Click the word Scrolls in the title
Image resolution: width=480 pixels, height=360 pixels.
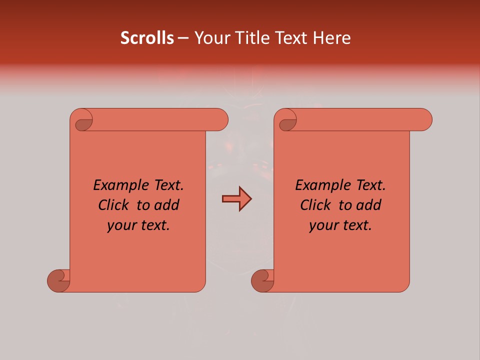pyautogui.click(x=147, y=38)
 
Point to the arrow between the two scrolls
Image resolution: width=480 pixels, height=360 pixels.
pyautogui.click(x=236, y=199)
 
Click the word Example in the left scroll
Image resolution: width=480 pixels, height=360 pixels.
pyautogui.click(x=115, y=185)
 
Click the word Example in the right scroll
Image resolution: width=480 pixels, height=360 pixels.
pyautogui.click(x=317, y=185)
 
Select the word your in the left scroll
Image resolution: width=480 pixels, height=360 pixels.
pyautogui.click(x=120, y=225)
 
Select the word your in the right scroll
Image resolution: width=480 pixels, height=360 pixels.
pyautogui.click(x=322, y=225)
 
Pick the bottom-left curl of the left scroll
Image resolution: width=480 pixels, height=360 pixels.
pyautogui.click(x=59, y=281)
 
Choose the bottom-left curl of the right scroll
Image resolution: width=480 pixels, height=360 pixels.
pyautogui.click(x=263, y=281)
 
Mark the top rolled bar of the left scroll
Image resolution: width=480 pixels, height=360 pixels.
pyautogui.click(x=155, y=119)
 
